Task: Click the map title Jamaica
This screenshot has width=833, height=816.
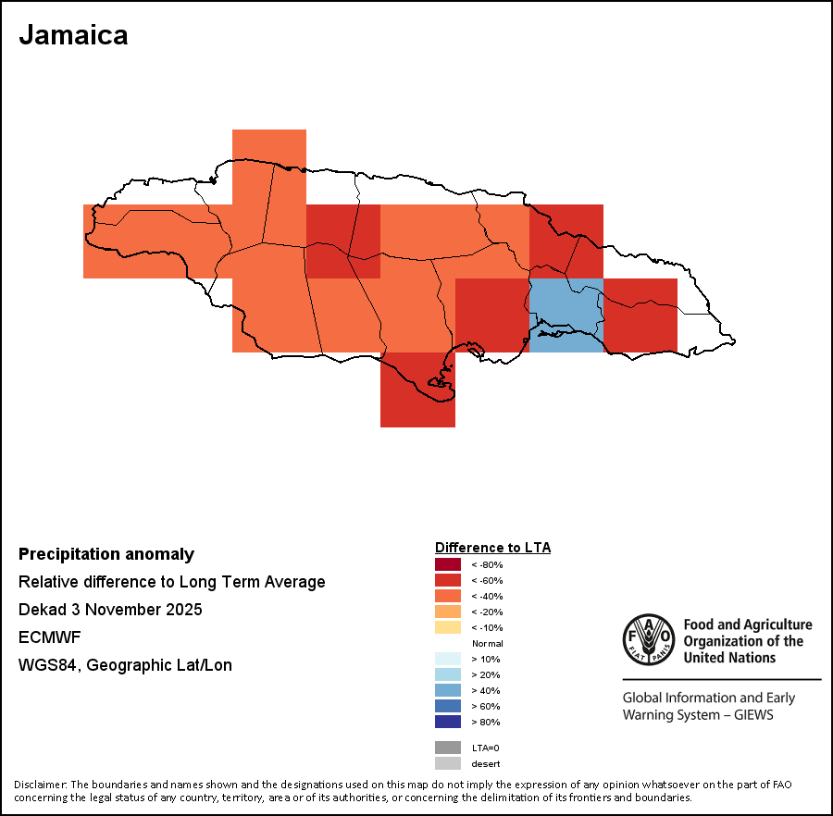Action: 73,35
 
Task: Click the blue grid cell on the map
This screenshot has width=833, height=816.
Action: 566,315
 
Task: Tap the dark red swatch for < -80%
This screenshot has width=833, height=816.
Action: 448,564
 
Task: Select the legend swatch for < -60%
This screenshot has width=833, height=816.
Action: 448,580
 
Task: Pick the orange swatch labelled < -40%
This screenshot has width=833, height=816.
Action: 448,596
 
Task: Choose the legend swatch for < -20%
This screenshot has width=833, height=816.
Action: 448,612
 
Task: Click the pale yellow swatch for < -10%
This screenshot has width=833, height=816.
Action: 448,627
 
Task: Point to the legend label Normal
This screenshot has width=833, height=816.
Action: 487,643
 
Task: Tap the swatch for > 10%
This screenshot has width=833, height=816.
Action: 448,659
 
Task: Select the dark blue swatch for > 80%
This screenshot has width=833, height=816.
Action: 448,722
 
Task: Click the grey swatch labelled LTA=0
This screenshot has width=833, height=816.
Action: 448,748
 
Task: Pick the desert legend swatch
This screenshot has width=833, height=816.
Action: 448,763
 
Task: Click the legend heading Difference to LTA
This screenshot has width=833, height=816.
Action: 492,548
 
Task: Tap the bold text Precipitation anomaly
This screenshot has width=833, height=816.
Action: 106,554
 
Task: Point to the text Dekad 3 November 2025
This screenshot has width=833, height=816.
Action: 110,610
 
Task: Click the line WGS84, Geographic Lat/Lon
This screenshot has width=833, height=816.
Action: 125,665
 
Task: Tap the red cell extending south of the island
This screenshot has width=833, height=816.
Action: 417,393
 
